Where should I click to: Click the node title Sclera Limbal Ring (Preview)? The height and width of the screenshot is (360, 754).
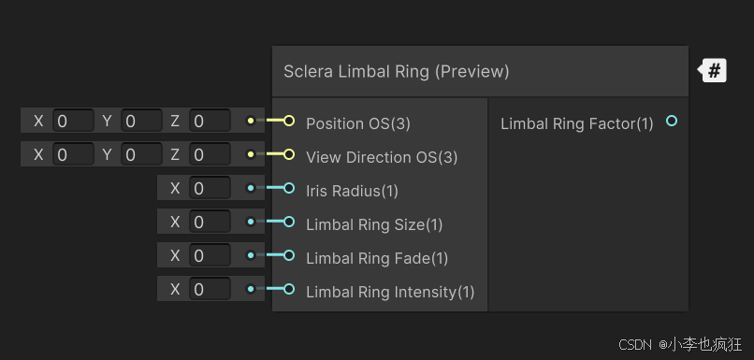click(x=397, y=71)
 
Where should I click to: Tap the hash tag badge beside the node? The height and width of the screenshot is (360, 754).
click(x=714, y=70)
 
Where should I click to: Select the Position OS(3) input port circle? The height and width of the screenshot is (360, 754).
click(x=288, y=122)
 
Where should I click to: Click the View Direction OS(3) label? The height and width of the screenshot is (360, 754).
click(x=382, y=157)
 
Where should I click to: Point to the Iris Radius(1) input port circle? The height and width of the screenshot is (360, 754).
click(x=288, y=189)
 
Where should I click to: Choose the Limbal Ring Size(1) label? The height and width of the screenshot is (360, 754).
click(x=374, y=224)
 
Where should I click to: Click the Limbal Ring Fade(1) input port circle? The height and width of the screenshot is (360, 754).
click(x=288, y=256)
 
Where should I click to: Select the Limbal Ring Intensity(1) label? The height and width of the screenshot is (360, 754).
click(x=390, y=292)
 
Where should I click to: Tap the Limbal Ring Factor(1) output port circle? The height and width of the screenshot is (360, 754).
click(x=671, y=122)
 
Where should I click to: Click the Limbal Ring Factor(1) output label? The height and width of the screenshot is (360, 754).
click(x=577, y=123)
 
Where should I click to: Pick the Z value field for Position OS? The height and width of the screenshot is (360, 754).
click(x=210, y=121)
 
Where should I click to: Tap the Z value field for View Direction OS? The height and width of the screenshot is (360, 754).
click(x=210, y=154)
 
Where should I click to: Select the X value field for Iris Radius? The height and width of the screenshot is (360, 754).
click(x=210, y=188)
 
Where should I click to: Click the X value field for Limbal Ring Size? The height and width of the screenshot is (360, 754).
click(x=210, y=222)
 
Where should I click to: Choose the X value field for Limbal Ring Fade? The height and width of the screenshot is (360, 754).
click(x=210, y=255)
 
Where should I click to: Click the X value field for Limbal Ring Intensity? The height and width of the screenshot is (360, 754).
click(x=210, y=289)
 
